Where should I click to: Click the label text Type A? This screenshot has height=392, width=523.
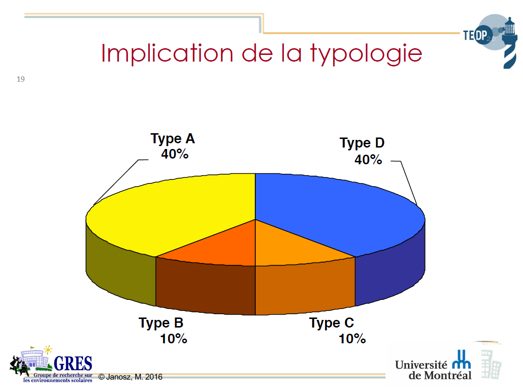[172, 139]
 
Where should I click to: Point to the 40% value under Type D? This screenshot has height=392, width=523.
[368, 160]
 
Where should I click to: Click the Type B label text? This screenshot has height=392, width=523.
[161, 323]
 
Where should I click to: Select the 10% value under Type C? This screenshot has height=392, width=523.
[352, 339]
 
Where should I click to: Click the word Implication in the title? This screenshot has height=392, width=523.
[167, 54]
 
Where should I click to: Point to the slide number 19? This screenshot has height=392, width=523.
[21, 79]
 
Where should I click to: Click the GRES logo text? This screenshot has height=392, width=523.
[73, 363]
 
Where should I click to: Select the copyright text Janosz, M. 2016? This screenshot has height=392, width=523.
[130, 377]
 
